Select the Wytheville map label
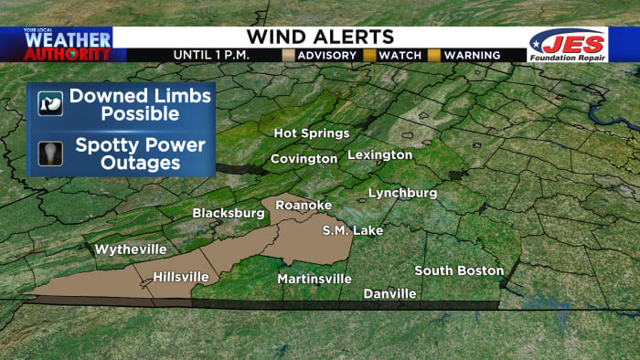point(131,249)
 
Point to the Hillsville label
point(180,276)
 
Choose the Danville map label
point(389,293)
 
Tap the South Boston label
point(459,270)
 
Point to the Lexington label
point(379,154)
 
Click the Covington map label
point(304,159)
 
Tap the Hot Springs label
point(311,133)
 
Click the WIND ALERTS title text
point(320,37)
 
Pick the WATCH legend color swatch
point(370,55)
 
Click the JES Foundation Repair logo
point(567,46)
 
